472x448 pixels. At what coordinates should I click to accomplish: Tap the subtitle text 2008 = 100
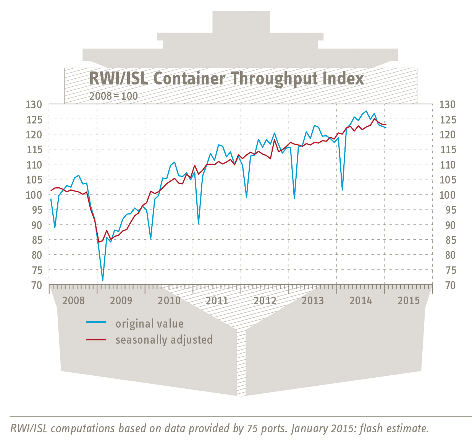pos(113,96)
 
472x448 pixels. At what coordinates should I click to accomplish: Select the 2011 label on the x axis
pos(217,300)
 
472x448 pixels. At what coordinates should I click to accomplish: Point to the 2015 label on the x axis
pos(408,300)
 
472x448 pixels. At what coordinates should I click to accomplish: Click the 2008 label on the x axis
pos(73,300)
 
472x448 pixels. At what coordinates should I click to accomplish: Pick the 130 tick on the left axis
pos(34,104)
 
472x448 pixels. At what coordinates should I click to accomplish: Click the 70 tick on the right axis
pos(448,285)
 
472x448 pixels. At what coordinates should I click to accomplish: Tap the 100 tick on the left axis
pos(34,195)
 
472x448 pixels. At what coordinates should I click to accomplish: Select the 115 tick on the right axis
pos(448,150)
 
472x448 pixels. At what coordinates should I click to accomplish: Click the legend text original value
pos(150,324)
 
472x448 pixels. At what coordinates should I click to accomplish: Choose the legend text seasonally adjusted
pos(164,340)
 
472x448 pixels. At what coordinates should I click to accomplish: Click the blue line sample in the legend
pos(96,323)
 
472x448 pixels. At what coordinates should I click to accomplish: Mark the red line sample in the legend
pos(96,339)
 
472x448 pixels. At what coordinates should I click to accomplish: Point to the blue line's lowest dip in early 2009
pos(102,280)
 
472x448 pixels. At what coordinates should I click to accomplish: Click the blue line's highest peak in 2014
pos(366,111)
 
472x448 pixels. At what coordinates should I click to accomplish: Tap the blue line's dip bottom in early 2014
pos(342,190)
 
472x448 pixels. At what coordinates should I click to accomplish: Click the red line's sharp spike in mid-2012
pos(275,140)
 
